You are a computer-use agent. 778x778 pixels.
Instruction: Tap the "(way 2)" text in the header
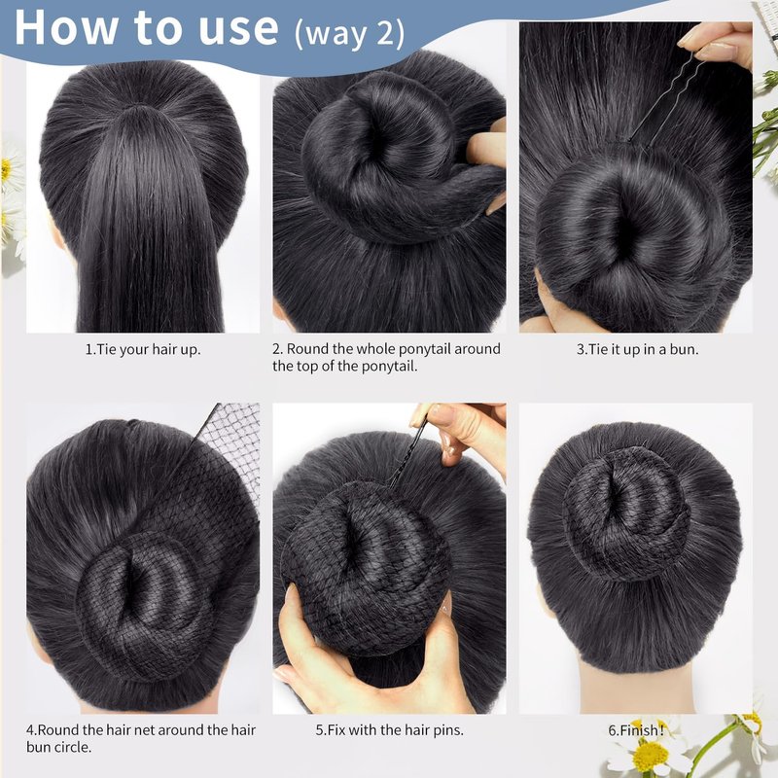pos(350,33)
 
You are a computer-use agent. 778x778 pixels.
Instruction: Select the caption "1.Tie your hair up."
pos(143,349)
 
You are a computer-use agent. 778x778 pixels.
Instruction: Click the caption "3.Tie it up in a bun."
pos(637,349)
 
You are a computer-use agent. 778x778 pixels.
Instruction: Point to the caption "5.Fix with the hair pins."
pos(390,730)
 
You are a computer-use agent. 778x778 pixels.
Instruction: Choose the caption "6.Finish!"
pos(636,730)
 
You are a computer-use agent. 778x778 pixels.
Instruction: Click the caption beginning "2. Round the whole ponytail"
pos(386,357)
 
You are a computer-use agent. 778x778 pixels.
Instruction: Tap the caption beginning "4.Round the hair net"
pos(141,738)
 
